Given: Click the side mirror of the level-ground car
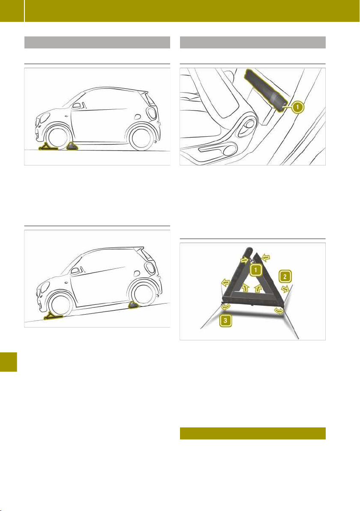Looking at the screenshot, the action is [77, 105].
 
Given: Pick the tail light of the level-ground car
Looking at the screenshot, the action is [152, 112].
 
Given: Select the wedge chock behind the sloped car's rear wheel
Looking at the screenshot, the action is [134, 305].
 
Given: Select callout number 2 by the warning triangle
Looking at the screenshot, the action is [285, 277].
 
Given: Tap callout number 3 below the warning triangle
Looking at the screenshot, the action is [225, 321].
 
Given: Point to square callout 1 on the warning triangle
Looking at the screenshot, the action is [256, 270].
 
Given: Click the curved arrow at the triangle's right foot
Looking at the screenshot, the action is [279, 310].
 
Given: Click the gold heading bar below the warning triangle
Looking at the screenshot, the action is [253, 433].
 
